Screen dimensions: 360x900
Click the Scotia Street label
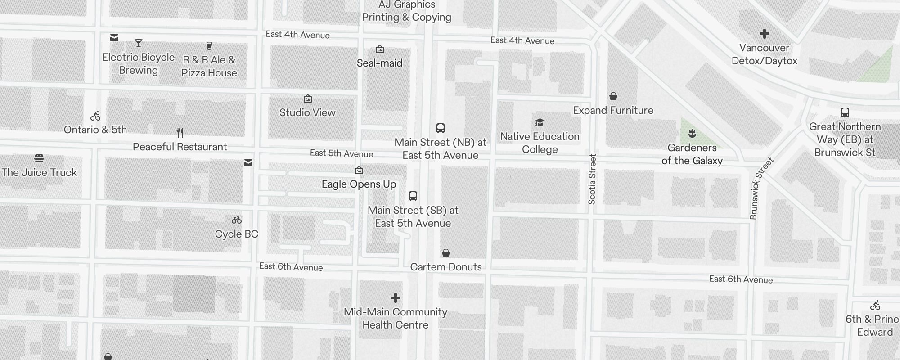click(592, 179)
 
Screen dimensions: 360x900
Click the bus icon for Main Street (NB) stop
click(441, 128)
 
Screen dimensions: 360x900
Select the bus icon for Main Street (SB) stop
click(413, 196)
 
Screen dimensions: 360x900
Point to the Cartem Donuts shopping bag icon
click(446, 253)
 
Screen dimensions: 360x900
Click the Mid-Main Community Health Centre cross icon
click(396, 298)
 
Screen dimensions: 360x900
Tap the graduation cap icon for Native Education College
click(540, 122)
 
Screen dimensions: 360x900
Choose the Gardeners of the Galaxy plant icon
click(692, 133)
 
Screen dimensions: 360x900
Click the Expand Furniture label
click(613, 110)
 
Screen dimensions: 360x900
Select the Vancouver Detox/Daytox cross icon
click(764, 34)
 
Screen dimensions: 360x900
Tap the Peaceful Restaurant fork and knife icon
click(180, 133)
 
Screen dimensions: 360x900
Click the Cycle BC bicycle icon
click(237, 220)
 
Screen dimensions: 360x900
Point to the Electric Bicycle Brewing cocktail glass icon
click(139, 43)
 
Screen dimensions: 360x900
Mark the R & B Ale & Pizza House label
click(209, 67)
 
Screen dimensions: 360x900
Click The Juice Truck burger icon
click(39, 158)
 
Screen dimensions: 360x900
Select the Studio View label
click(307, 112)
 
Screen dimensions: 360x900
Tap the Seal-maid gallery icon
click(380, 49)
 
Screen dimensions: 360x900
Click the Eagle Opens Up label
click(359, 184)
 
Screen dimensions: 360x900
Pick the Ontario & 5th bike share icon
click(95, 116)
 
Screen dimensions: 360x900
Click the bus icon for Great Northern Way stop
click(845, 112)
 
